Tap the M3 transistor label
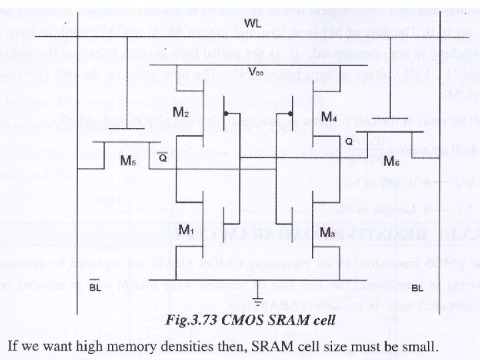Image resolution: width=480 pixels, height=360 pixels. pos(328,232)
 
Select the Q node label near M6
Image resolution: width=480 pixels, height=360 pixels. pos(348,159)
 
